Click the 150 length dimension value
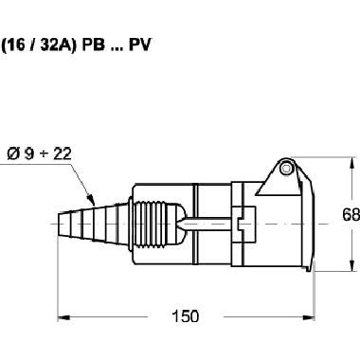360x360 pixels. (x=186, y=316)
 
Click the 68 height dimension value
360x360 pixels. (x=351, y=215)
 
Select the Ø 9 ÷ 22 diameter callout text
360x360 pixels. (x=39, y=153)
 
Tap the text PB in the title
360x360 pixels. (x=93, y=45)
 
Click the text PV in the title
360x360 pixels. (x=140, y=45)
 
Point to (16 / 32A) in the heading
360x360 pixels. (x=39, y=45)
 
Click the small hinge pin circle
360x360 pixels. (x=286, y=168)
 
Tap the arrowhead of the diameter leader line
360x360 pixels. (x=91, y=200)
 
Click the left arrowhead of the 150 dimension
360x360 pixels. (x=63, y=316)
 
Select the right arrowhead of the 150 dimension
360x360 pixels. (x=309, y=316)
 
